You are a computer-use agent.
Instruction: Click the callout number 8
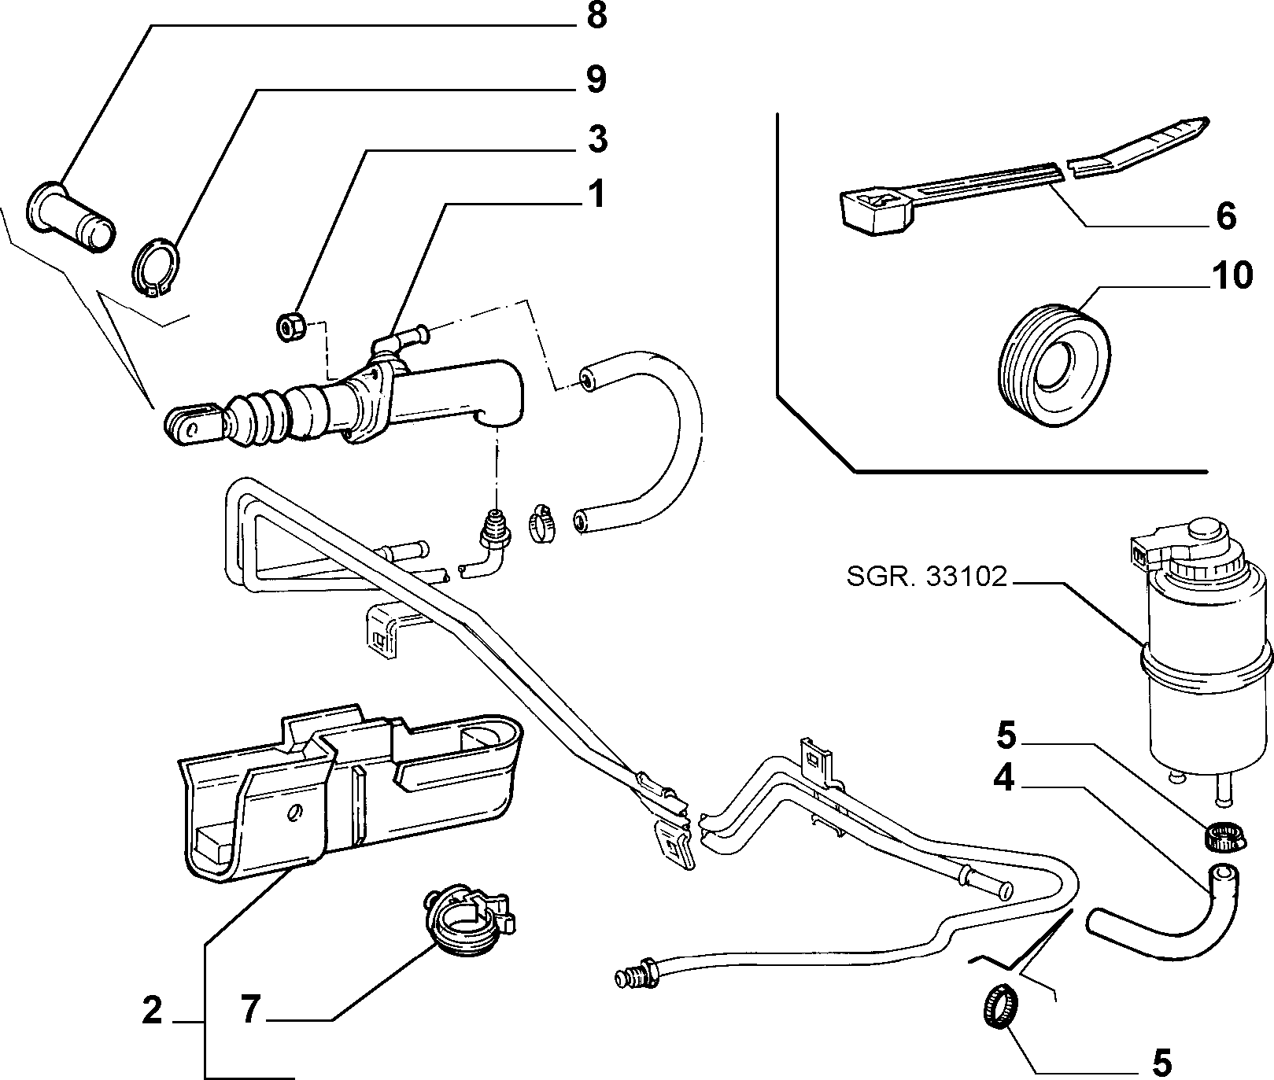(596, 17)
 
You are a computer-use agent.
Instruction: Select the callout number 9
(596, 79)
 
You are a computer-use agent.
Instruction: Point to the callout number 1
(597, 194)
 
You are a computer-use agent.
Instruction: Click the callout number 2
(152, 1010)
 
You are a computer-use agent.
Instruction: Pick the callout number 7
(250, 1010)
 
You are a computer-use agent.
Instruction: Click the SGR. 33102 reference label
(927, 577)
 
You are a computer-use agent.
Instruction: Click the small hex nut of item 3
(290, 326)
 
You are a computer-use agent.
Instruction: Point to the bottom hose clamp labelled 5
(999, 1005)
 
